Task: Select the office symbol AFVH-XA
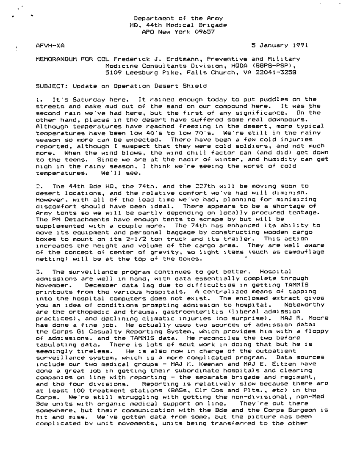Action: point(50,44)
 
